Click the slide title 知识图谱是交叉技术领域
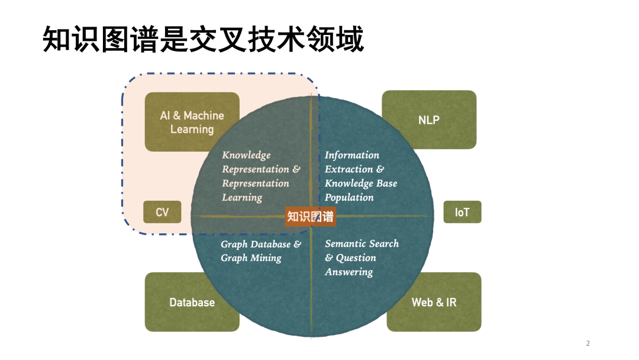[203, 40]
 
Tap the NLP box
[429, 120]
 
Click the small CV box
[162, 212]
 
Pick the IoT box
[462, 212]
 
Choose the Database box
[192, 302]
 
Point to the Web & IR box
[434, 302]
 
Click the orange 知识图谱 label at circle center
[311, 216]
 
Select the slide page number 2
[588, 343]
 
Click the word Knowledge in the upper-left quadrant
[246, 155]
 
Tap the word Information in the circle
[352, 155]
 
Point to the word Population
[349, 198]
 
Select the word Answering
[348, 272]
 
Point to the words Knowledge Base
[361, 184]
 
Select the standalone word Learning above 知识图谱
[242, 198]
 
